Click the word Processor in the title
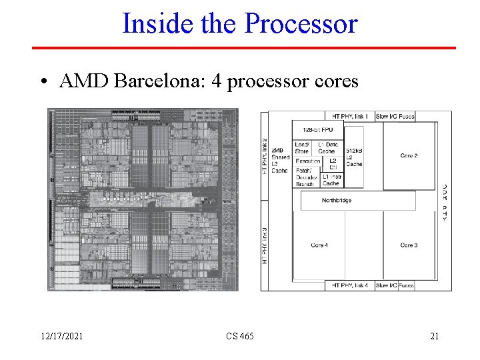pos(301,24)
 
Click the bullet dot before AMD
pos(43,82)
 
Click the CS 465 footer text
pos(239,336)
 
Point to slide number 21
pos(434,336)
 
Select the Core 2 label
pos(409,156)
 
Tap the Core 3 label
pos(409,245)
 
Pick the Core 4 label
pos(319,245)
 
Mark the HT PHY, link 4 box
pos(350,285)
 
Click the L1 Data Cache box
pos(327,147)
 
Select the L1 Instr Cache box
pos(331,179)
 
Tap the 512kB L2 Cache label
pos(354,157)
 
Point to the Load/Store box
pos(301,147)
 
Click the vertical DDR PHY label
pos(445,203)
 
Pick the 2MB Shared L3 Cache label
pos(280,161)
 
